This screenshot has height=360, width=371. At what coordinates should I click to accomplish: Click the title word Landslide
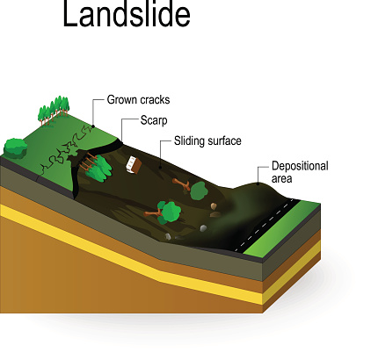(127, 14)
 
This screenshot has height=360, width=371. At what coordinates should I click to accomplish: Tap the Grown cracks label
(138, 100)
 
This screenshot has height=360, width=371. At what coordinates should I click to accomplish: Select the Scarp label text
(154, 120)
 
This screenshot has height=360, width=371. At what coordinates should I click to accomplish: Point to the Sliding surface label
(207, 140)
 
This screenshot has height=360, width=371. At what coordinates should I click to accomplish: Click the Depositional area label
(300, 172)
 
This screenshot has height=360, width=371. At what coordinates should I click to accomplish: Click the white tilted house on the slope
(134, 165)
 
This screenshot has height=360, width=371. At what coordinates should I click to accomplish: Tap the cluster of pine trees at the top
(54, 111)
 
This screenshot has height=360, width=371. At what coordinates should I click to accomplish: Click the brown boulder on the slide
(215, 206)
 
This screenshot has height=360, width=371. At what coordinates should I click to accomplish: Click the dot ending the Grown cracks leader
(93, 126)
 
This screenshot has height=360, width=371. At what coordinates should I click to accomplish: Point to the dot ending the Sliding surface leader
(160, 168)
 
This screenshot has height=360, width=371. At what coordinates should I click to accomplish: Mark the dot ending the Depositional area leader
(258, 184)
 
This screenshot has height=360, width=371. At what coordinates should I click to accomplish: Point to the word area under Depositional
(281, 178)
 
